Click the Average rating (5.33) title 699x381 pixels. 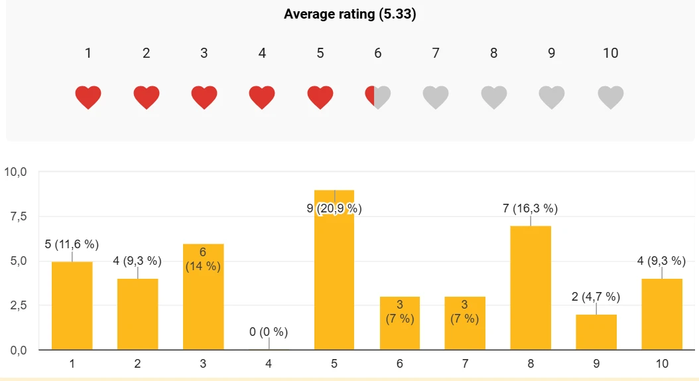(350, 14)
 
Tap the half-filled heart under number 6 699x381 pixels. (378, 98)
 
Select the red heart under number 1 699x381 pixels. (88, 98)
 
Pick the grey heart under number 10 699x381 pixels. (611, 98)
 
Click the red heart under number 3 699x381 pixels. (204, 98)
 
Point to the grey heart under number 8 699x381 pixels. (494, 98)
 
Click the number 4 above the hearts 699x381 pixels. (262, 53)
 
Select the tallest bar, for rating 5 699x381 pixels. (334, 270)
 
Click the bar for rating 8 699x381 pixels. (531, 288)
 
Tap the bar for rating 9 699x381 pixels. (596, 333)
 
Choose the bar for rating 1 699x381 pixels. (72, 305)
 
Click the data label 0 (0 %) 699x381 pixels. (269, 332)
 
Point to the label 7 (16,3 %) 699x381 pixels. (531, 208)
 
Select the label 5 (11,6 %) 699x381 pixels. (72, 244)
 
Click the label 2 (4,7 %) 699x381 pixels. (596, 297)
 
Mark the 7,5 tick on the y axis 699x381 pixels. (19, 216)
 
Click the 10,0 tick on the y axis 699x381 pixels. (16, 172)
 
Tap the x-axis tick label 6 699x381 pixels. (399, 364)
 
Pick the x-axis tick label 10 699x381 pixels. (662, 364)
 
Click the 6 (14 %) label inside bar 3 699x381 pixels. (203, 260)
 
